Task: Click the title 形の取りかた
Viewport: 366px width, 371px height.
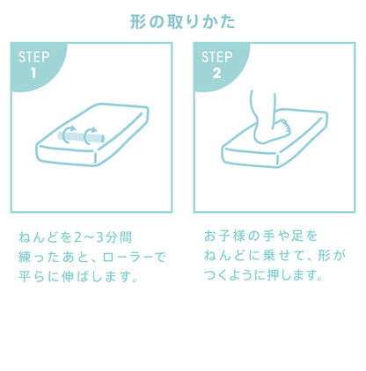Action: click(x=182, y=22)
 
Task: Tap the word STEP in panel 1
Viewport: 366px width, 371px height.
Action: click(x=33, y=57)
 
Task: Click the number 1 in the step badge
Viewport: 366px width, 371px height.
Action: click(x=33, y=73)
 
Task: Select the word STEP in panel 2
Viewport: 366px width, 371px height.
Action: click(x=216, y=57)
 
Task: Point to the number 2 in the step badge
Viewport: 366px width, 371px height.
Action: click(x=216, y=73)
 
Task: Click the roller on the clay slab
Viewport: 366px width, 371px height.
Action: click(x=81, y=137)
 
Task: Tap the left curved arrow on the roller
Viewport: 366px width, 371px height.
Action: click(x=69, y=135)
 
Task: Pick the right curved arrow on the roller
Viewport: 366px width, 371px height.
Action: click(x=89, y=135)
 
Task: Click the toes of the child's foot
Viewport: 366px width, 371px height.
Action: click(x=284, y=127)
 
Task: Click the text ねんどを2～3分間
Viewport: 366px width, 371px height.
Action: click(x=75, y=237)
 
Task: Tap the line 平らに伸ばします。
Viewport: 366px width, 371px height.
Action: click(x=78, y=277)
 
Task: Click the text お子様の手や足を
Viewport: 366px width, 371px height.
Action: click(x=261, y=236)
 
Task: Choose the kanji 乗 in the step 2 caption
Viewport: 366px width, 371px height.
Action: click(x=268, y=256)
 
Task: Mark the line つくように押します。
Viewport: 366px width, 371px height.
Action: click(x=263, y=275)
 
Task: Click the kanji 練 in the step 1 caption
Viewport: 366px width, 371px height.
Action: click(x=25, y=258)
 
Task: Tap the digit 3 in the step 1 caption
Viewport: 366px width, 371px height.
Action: click(x=100, y=237)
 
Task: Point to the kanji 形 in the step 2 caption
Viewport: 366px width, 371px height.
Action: click(x=324, y=256)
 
